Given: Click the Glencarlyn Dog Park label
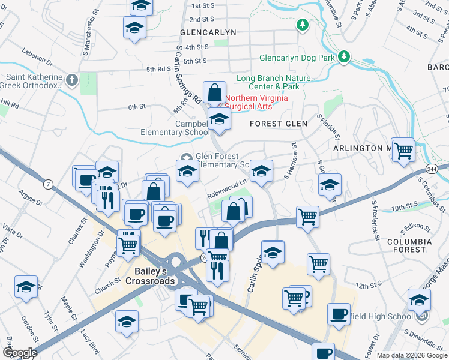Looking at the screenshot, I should pyautogui.click(x=296, y=58).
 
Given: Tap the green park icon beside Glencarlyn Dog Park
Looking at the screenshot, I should pyautogui.click(x=344, y=57).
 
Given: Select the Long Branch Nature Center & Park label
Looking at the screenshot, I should pyautogui.click(x=274, y=82).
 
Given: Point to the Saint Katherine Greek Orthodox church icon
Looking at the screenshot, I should pyautogui.click(x=71, y=80).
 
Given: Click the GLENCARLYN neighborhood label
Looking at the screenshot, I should pyautogui.click(x=208, y=32).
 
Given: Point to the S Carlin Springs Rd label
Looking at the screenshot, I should pyautogui.click(x=188, y=75).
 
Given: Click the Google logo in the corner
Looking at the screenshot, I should pyautogui.click(x=20, y=352).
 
